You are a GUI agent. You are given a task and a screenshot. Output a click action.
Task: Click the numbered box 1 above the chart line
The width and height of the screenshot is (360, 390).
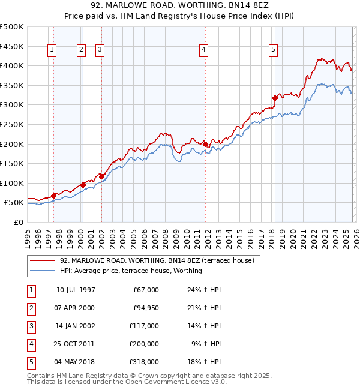point(53,50)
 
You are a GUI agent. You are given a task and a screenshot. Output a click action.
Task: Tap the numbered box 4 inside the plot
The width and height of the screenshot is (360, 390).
point(204,50)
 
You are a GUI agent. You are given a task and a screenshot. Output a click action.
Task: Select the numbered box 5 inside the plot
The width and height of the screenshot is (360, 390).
point(273,50)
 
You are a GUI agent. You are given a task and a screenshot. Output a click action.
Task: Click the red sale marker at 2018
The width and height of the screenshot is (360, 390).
point(275,98)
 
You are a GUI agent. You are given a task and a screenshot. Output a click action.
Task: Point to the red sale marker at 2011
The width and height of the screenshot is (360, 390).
point(205,144)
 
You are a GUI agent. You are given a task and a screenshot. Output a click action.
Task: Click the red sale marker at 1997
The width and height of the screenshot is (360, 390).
point(54,196)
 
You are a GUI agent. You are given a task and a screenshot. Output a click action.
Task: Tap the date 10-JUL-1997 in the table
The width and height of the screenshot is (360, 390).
point(76,290)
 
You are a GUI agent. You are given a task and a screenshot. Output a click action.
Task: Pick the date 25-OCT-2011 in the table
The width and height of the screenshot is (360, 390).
point(76,344)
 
